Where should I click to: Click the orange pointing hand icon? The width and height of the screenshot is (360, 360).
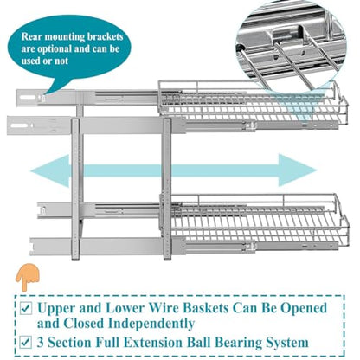point(27,278)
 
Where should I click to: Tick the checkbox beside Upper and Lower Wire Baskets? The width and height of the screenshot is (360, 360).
point(25,309)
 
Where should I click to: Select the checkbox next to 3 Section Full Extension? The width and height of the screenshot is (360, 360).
point(25,343)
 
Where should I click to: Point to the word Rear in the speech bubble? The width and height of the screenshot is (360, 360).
point(32,36)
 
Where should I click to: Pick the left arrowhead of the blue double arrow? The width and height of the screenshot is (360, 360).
point(50,170)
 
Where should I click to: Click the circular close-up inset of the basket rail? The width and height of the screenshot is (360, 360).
point(292,45)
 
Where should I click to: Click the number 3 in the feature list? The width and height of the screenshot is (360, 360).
point(41,343)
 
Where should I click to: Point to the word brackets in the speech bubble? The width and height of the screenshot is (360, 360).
point(106,36)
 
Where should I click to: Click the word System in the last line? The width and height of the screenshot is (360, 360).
point(287,343)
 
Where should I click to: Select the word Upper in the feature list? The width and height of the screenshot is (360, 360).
point(56,309)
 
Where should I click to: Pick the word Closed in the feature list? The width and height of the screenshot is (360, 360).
point(84,324)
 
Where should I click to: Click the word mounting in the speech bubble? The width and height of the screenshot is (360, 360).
point(65,37)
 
